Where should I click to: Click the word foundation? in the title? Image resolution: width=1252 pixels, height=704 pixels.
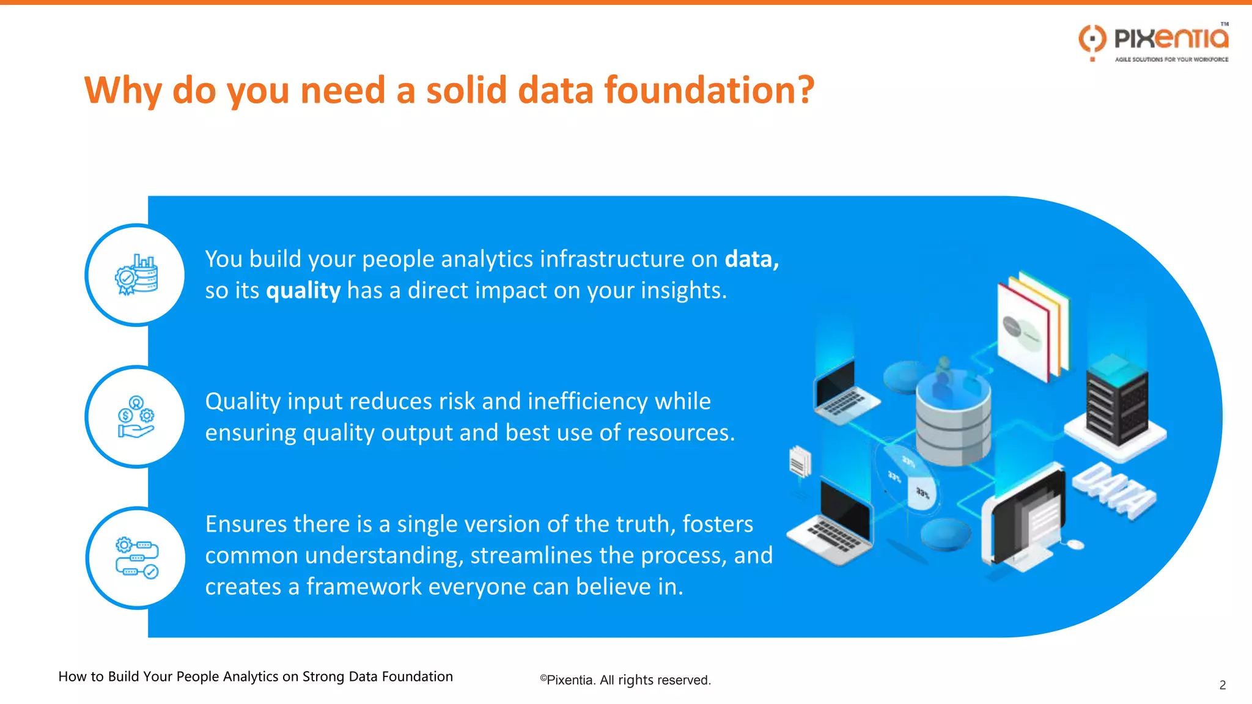coord(709,90)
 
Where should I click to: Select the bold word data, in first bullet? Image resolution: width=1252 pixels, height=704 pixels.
coord(751,259)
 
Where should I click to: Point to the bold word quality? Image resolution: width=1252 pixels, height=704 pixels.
coord(303,291)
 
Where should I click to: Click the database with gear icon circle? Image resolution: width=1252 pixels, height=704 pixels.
coord(136,275)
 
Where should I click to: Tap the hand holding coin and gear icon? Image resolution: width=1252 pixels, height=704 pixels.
coord(136,417)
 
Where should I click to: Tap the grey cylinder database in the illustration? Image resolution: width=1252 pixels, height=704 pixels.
coord(952,422)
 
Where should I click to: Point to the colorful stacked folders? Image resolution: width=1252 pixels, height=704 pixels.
coord(1033,327)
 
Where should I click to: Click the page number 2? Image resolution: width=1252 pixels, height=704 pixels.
coord(1222,685)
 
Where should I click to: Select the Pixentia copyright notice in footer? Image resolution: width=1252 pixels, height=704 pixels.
coord(625,680)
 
